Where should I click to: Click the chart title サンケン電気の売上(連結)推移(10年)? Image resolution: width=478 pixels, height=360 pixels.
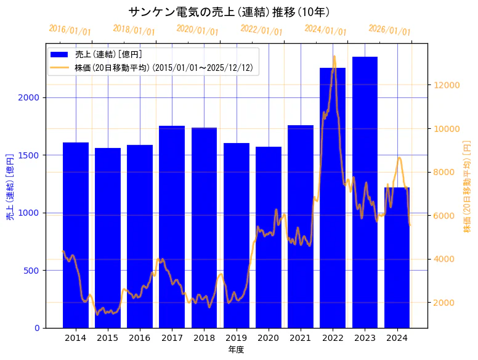pos(229,12)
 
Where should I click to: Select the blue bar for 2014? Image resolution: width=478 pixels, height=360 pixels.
pos(76,235)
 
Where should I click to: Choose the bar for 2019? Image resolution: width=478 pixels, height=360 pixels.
pos(237,235)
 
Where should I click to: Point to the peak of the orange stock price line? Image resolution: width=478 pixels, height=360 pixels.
pos(334,57)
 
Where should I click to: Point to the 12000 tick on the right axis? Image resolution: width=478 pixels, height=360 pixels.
pos(447,85)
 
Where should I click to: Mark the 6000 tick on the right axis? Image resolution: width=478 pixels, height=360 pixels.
pos(444,215)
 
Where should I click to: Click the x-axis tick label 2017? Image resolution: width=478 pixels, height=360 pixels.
pos(172,338)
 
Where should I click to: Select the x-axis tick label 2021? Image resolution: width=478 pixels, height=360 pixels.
pos(301,338)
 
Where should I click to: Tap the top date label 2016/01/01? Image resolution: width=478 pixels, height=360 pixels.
pos(70,30)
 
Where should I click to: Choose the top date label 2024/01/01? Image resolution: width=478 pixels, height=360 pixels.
pos(325,30)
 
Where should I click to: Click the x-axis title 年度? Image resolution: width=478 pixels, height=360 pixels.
pos(236,350)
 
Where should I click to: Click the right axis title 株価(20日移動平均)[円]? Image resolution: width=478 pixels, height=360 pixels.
pos(467,186)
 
